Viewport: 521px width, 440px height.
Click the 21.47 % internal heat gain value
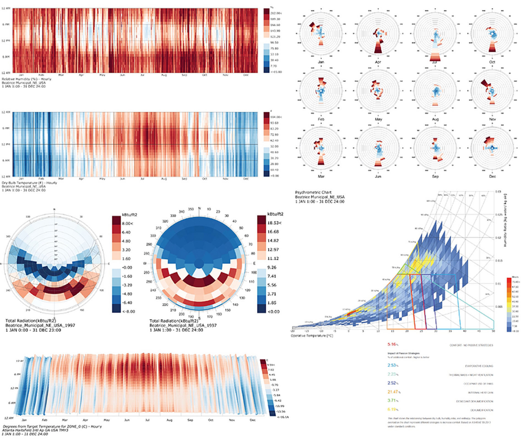click(x=393, y=392)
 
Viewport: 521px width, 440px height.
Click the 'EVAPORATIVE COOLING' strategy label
click(x=479, y=366)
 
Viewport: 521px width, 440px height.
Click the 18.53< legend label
click(x=274, y=223)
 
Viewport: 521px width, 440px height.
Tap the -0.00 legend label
click(x=126, y=267)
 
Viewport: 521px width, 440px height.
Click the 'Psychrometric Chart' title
click(x=313, y=193)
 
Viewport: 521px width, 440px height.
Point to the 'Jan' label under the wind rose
click(x=321, y=62)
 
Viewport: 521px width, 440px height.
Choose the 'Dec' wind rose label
click(x=492, y=176)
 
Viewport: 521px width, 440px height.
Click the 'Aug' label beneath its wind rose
click(x=435, y=119)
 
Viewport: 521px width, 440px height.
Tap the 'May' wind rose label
click(x=378, y=119)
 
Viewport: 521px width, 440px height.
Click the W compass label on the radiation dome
click(x=145, y=263)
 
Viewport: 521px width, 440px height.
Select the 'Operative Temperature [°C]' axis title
click(x=312, y=336)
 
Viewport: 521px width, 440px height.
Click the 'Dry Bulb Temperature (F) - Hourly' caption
click(x=29, y=183)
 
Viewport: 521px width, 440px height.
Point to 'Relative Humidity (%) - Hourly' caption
click(x=26, y=79)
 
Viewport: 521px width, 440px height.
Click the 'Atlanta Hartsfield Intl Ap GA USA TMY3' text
click(x=35, y=430)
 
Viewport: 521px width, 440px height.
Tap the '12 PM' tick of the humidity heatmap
click(x=6, y=41)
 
